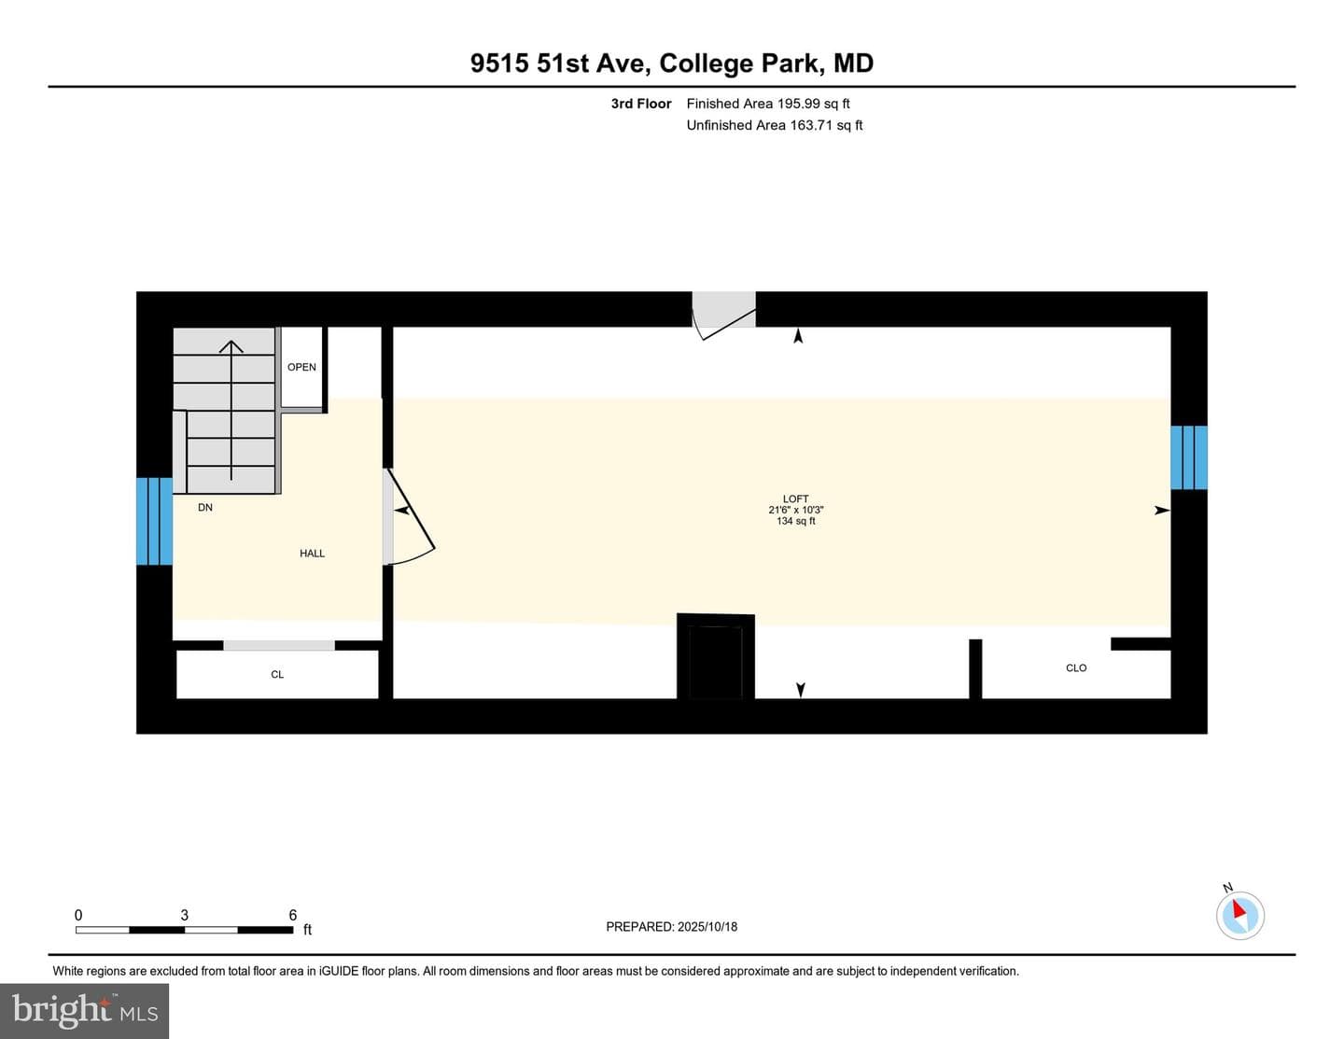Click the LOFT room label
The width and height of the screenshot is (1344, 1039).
point(795,498)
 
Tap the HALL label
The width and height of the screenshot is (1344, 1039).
point(312,554)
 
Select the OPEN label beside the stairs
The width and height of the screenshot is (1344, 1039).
point(301,367)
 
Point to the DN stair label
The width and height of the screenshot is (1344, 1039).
point(204,507)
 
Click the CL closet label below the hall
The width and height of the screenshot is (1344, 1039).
point(277,674)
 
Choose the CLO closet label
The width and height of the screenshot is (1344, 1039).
point(1076,667)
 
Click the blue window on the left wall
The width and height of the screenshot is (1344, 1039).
point(154,521)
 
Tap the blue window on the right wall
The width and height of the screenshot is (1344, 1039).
point(1189,457)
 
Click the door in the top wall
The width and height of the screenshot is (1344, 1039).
point(723,316)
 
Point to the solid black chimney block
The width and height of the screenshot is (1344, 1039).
point(716,656)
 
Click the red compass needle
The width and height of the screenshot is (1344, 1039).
point(1239,909)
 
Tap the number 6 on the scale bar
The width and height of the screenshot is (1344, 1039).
point(292,915)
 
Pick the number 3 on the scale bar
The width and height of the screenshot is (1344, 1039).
point(184,915)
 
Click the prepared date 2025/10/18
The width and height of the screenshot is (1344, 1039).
point(707,926)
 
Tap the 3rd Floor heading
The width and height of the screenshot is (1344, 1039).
point(641,104)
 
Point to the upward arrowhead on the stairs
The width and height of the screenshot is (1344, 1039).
point(231,345)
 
